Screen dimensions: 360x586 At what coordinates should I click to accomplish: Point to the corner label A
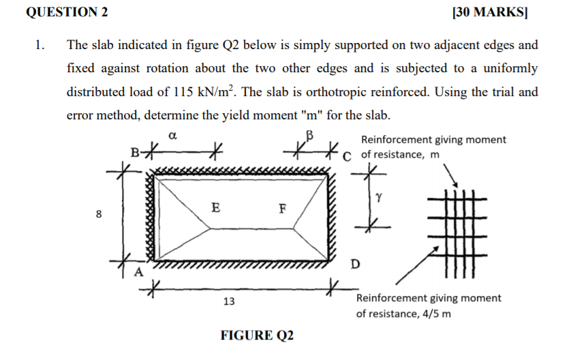pos(138,272)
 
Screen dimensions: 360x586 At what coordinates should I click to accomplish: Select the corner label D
pos(354,263)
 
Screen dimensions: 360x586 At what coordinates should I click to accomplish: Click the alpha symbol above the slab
pos(172,136)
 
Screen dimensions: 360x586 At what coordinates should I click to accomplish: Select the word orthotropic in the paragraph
pos(356,91)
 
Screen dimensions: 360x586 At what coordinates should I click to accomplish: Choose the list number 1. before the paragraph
pos(41,46)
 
